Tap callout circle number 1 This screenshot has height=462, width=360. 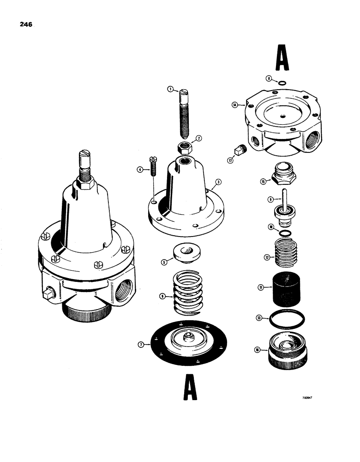coord(170,89)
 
